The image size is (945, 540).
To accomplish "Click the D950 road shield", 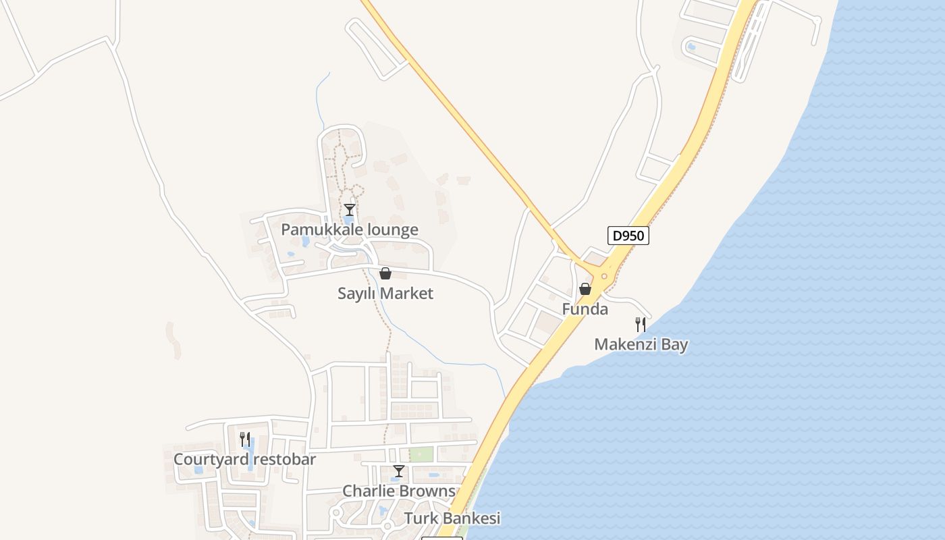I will coord(628,236).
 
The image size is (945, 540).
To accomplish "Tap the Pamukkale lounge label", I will coord(349,230).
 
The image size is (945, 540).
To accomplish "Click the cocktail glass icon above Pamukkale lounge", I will coord(349,210).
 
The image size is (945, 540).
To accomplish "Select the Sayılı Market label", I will coord(385,294).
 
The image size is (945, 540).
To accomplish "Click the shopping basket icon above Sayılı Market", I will coord(385,273).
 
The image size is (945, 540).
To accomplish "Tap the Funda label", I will coord(585,310).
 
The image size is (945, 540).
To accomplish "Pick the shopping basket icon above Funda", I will coord(585,289).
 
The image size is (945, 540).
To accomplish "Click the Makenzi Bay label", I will coord(641,345).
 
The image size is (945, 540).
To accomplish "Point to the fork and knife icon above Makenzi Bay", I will coord(641,325).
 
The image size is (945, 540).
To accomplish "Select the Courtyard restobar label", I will coord(244,460).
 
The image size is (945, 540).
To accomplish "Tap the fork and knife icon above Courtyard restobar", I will coord(244,439).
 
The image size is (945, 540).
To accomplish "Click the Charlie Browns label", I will coord(398,491).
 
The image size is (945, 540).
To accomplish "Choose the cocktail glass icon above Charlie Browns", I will coord(398,471).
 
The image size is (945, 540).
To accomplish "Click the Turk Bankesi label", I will coord(452,518).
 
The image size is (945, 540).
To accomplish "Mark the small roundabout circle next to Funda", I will coord(603,276).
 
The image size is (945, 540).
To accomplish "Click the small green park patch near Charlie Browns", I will coord(421,454).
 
